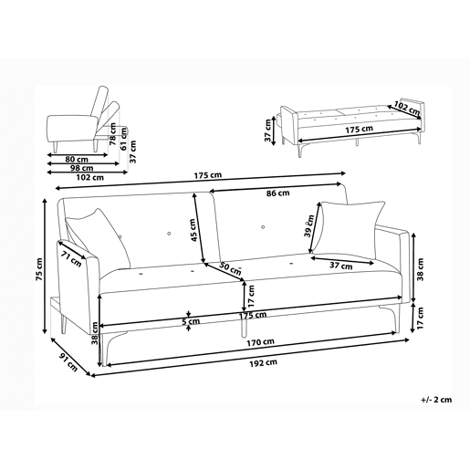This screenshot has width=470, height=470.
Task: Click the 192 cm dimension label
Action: pyautogui.click(x=264, y=362)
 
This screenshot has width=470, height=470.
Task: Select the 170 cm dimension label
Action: pyautogui.click(x=260, y=342)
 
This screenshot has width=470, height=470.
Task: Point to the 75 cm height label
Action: pyautogui.click(x=39, y=269)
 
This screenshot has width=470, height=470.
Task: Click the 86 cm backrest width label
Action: pyautogui.click(x=278, y=193)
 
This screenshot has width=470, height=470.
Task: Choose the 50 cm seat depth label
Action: pyautogui.click(x=230, y=267)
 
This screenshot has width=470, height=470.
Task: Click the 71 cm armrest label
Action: pyautogui.click(x=71, y=259)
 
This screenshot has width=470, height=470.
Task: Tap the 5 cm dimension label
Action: pyautogui.click(x=191, y=321)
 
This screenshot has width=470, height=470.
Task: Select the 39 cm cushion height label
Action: pyautogui.click(x=309, y=225)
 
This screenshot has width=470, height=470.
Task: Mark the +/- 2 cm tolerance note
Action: pyautogui.click(x=436, y=400)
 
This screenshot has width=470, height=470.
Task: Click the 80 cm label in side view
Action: pyautogui.click(x=77, y=159)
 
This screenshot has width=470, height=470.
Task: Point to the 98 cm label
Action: pyautogui.click(x=82, y=168)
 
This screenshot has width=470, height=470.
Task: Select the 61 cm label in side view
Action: pyautogui.click(x=123, y=139)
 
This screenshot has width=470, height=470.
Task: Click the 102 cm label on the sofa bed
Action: pyautogui.click(x=407, y=108)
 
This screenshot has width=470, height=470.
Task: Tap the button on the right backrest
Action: pyautogui.click(x=263, y=227)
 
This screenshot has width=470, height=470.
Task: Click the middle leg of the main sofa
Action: pyautogui.click(x=244, y=328)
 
